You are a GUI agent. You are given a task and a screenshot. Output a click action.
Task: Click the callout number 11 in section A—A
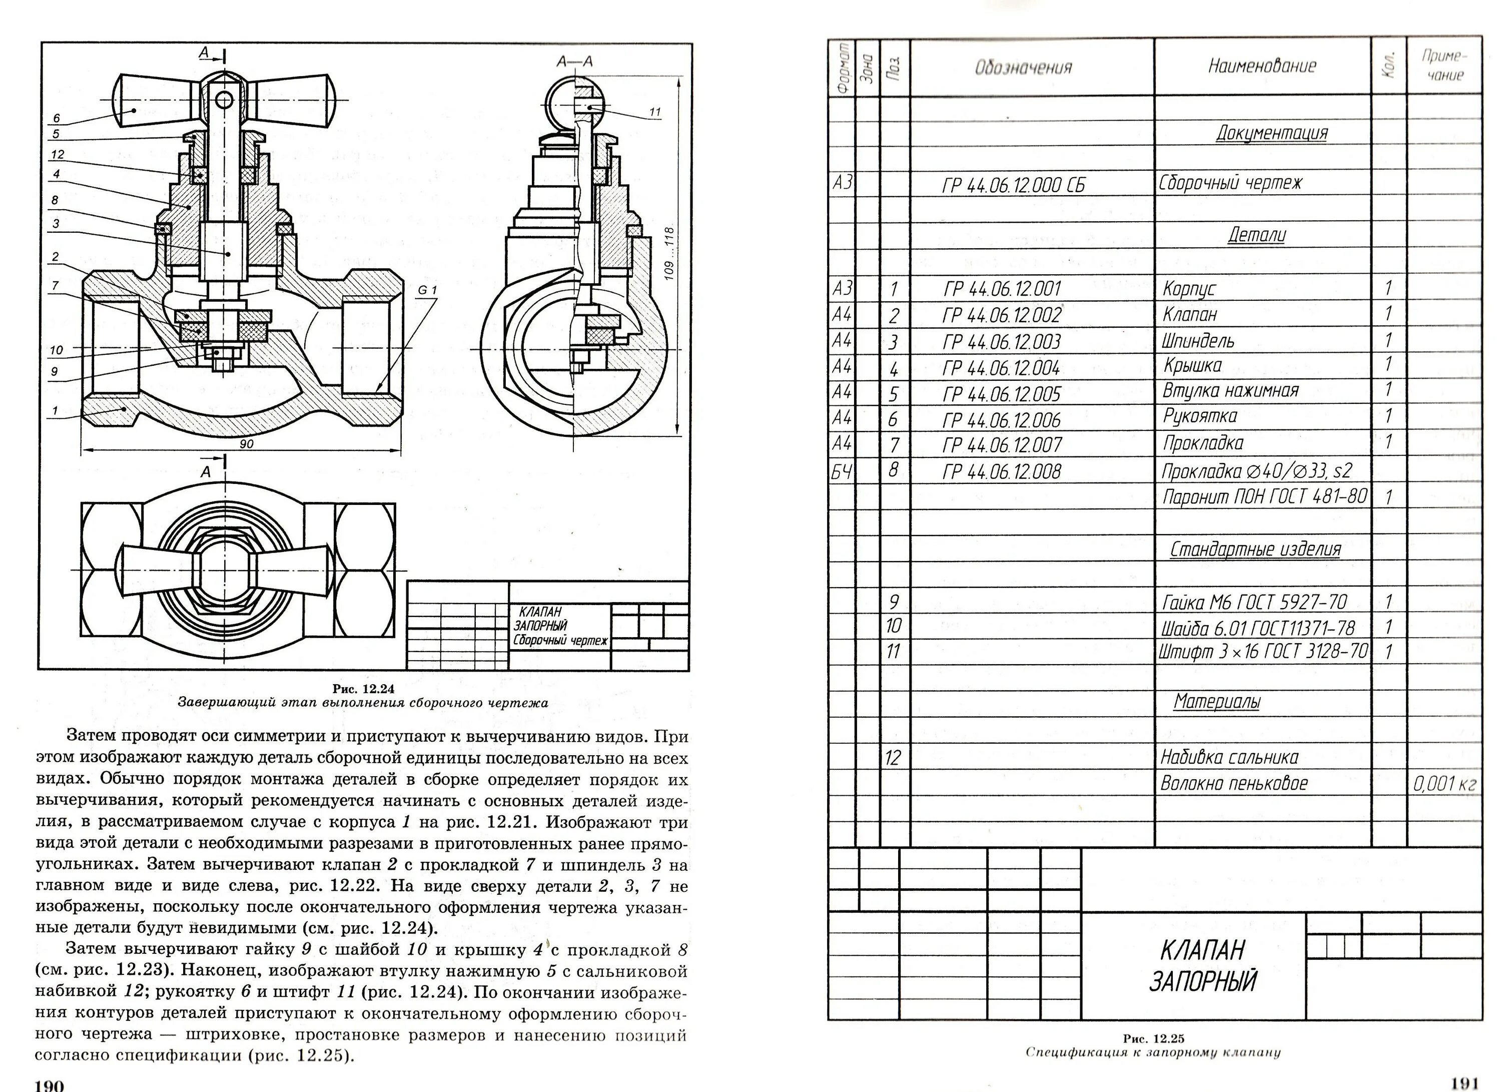pyautogui.click(x=654, y=113)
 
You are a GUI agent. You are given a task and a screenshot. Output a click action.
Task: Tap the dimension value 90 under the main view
pyautogui.click(x=246, y=444)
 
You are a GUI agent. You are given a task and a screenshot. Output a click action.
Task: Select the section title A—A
pyautogui.click(x=574, y=62)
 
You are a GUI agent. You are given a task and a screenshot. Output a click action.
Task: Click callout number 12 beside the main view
pyautogui.click(x=58, y=155)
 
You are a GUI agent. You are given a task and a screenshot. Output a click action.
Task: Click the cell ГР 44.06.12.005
pyautogui.click(x=1001, y=394)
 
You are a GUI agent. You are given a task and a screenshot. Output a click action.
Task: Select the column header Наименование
pyautogui.click(x=1262, y=66)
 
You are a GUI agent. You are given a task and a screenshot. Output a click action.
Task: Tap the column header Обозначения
pyautogui.click(x=1023, y=68)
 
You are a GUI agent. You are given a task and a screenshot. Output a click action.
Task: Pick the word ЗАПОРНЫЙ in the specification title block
pyautogui.click(x=1202, y=981)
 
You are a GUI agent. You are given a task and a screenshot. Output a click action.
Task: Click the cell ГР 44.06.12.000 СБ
pyautogui.click(x=1013, y=185)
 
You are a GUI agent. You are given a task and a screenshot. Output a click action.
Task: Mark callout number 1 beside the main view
pyautogui.click(x=56, y=410)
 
